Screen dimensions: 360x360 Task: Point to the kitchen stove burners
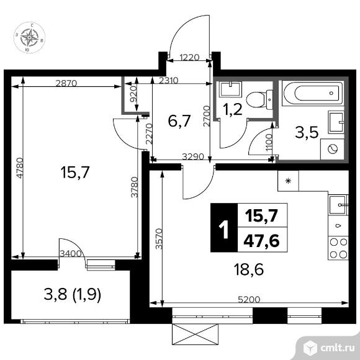tap(338, 248)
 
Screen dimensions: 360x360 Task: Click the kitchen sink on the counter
tap(338, 204)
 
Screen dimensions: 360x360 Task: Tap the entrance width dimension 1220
tap(190, 58)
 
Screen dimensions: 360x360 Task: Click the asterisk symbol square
tap(287, 181)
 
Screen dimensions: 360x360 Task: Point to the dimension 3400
tap(73, 253)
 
